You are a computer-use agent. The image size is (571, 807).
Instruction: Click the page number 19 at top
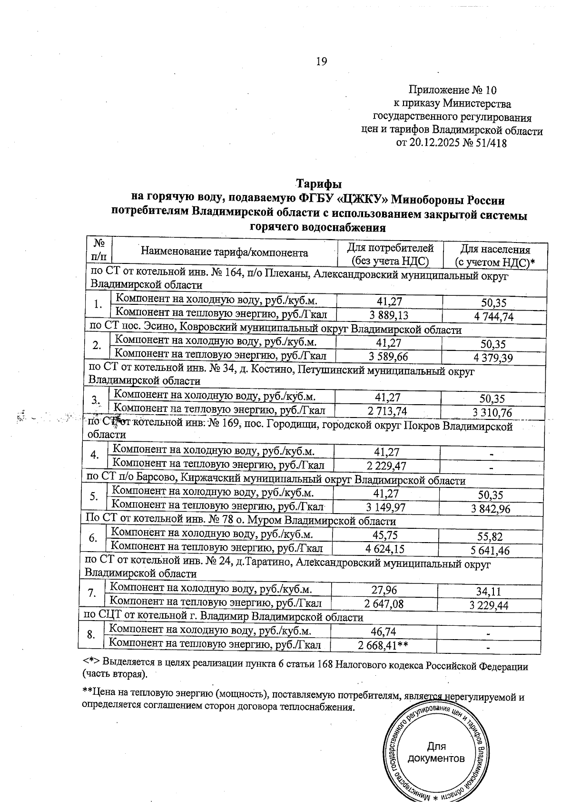coord(321,61)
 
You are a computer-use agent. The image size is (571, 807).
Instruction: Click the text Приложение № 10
coord(453,90)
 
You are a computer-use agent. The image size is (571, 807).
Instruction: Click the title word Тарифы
coord(319,184)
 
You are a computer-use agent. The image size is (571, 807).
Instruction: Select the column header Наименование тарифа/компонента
coord(224,253)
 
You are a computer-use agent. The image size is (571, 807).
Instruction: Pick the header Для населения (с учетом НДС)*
coord(495,255)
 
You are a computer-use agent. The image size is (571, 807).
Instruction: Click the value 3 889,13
coord(388,315)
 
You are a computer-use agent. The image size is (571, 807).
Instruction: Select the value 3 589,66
coord(388,357)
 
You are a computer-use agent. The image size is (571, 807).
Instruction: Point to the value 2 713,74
coord(387,411)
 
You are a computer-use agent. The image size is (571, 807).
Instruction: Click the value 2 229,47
coord(386,466)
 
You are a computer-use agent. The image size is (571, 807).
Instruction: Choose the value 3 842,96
coord(491,509)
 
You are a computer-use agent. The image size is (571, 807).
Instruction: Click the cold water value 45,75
coord(385,535)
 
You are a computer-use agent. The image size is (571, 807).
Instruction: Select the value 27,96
coord(384,590)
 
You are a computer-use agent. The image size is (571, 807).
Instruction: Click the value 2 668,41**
coord(384,645)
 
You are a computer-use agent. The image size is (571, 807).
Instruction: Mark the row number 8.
coord(92,635)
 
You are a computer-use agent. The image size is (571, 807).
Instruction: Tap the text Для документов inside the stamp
coord(436,752)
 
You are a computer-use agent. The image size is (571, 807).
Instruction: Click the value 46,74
coord(384,632)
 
